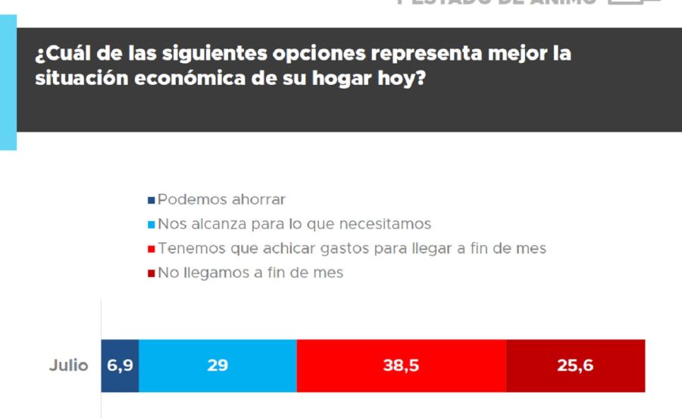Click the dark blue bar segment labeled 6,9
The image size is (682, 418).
[x=120, y=366]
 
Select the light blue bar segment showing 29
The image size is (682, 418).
[x=218, y=366]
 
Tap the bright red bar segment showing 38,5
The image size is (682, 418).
[x=401, y=366]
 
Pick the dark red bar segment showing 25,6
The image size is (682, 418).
[x=575, y=366]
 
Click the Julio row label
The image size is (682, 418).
[x=69, y=366]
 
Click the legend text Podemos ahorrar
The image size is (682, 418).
[x=221, y=200]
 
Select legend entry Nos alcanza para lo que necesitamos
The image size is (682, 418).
[x=294, y=224]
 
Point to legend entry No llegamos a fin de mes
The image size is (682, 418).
[x=251, y=273]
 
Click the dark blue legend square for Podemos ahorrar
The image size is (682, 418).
[x=152, y=201]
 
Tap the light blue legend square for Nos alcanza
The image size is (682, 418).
[x=152, y=225]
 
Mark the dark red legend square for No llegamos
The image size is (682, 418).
[x=152, y=273]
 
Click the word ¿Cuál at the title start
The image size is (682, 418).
[x=58, y=55]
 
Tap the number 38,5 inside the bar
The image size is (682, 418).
[x=401, y=366]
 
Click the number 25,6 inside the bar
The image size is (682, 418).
[x=575, y=366]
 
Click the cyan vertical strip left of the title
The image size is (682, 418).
[x=8, y=83]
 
